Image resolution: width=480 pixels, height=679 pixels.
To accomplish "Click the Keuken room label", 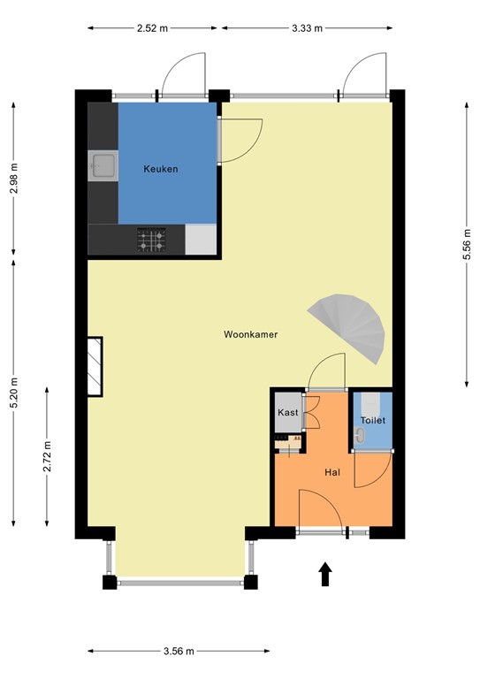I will (x=161, y=168).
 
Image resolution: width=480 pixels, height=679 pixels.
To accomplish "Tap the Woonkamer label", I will (x=251, y=335).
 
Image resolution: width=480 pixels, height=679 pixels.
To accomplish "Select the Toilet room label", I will (x=373, y=421).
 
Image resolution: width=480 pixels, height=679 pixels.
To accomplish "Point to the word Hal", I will (x=332, y=473).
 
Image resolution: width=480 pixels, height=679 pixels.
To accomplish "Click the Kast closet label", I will (x=287, y=413).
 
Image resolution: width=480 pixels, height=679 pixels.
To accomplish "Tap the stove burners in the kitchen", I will (x=150, y=239).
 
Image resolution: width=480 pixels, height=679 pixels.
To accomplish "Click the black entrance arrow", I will (x=325, y=574).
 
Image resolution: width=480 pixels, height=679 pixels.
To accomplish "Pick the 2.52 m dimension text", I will (x=152, y=28).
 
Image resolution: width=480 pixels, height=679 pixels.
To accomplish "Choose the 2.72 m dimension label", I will (x=46, y=456).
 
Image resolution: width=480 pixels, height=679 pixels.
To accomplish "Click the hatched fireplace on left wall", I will (x=94, y=366).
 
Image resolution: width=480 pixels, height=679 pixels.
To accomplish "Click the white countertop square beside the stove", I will (x=201, y=239).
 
